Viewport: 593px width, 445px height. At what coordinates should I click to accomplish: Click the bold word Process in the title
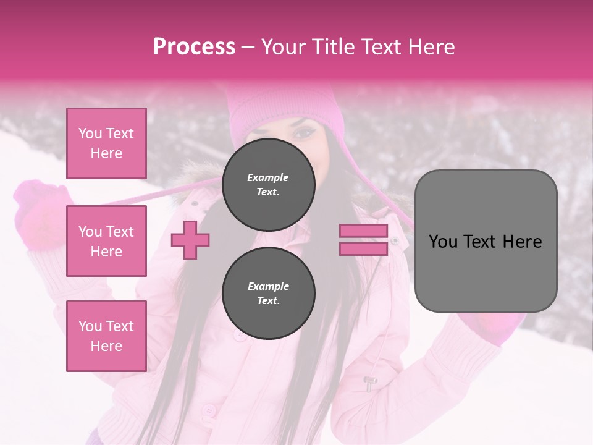[x=194, y=47]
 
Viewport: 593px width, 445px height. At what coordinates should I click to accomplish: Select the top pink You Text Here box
[x=106, y=143]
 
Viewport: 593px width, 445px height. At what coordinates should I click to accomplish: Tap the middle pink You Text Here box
[x=106, y=241]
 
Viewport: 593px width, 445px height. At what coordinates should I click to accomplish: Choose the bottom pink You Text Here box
[x=106, y=336]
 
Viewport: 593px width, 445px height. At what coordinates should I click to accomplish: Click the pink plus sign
[x=190, y=240]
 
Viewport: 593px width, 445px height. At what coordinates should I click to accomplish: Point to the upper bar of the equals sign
[x=363, y=231]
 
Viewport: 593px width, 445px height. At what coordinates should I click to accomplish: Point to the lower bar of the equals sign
[x=363, y=248]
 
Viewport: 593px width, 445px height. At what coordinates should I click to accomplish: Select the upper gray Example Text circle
[x=268, y=184]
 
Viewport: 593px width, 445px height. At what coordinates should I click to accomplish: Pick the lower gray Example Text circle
[x=268, y=293]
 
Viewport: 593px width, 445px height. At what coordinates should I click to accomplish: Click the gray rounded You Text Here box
[x=486, y=241]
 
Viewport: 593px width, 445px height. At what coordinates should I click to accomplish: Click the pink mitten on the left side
[x=40, y=213]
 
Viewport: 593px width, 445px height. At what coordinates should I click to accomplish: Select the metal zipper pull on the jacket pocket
[x=370, y=383]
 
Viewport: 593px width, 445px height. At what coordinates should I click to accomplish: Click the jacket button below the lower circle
[x=240, y=334]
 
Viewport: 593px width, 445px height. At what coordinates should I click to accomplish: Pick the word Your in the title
[x=283, y=47]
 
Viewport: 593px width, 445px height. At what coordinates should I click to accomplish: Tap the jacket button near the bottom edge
[x=209, y=410]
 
